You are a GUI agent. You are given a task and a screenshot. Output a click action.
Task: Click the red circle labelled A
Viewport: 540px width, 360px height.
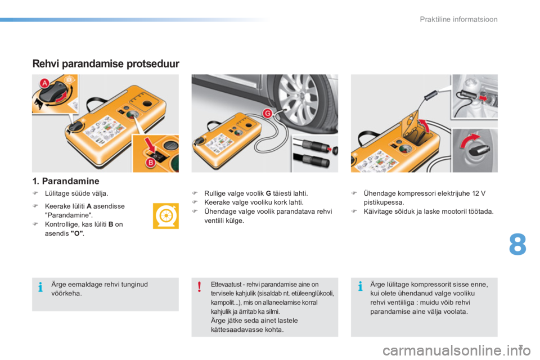(x=44, y=83)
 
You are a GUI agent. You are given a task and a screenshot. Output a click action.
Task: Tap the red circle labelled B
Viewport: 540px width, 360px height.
(x=151, y=163)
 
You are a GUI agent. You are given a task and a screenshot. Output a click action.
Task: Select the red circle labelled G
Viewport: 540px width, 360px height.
(x=267, y=113)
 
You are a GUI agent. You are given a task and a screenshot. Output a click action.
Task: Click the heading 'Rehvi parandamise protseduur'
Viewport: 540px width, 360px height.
(x=106, y=64)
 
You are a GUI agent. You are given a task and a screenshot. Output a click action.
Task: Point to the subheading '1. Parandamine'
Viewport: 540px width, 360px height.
(x=66, y=181)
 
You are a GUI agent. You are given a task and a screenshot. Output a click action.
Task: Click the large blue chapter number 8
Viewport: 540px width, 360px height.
(x=517, y=244)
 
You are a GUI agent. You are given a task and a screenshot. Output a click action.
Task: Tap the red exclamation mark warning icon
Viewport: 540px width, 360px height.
(x=199, y=287)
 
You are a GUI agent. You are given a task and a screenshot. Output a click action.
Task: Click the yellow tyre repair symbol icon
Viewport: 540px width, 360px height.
(x=165, y=216)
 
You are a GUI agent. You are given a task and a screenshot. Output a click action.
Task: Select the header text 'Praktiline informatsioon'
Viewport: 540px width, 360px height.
(x=458, y=19)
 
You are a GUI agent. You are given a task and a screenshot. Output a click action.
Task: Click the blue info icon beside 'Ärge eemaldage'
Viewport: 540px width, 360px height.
(x=40, y=287)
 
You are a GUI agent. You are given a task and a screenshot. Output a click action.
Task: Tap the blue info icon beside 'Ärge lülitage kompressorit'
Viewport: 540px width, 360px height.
(x=360, y=286)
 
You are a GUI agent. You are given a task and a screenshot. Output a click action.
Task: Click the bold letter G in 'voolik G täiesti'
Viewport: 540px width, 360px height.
(x=268, y=193)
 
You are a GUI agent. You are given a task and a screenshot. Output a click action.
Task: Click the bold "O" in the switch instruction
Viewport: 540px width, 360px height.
(x=77, y=233)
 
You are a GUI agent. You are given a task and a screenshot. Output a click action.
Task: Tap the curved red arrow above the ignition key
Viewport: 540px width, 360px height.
(x=469, y=140)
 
